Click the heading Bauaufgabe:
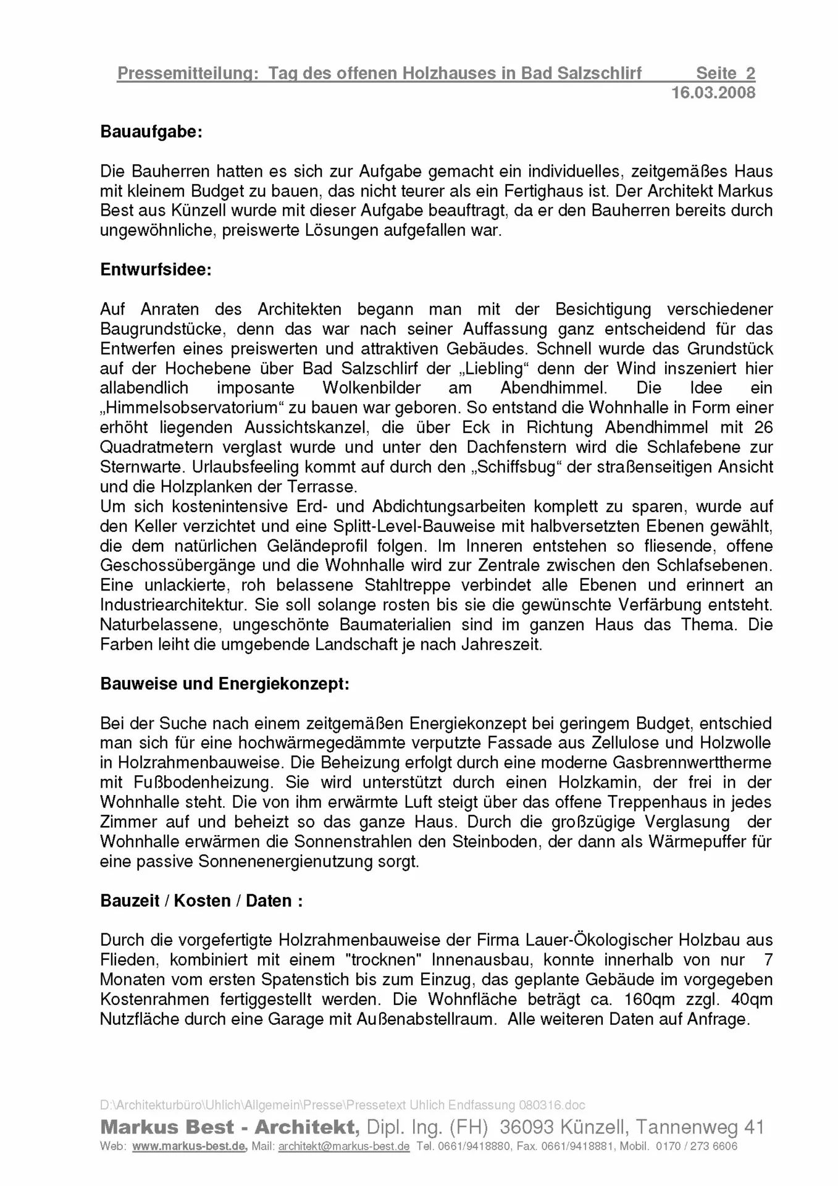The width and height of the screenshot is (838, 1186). click(x=151, y=132)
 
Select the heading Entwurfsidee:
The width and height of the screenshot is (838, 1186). click(x=156, y=270)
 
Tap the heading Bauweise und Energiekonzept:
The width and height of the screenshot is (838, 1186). click(x=225, y=684)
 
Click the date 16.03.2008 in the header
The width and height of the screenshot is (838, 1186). click(x=713, y=93)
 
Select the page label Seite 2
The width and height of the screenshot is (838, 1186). click(x=725, y=74)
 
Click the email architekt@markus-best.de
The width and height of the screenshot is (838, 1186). click(x=344, y=1146)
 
